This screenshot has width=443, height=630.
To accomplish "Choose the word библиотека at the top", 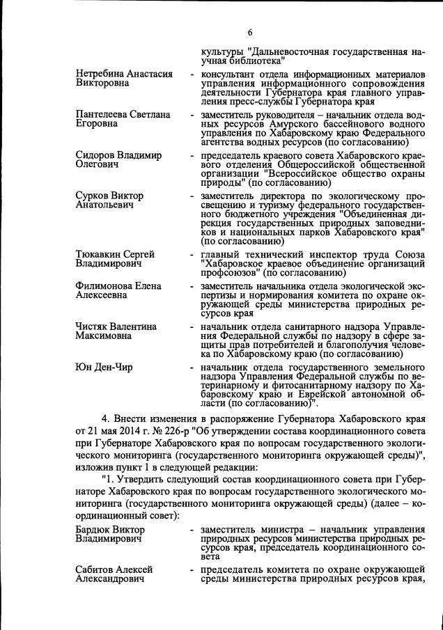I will pyautogui.click(x=253, y=61).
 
